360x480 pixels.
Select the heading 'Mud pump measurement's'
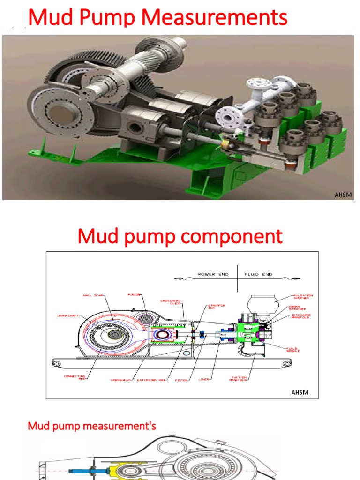pos(92,426)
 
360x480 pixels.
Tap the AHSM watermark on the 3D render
pos(343,195)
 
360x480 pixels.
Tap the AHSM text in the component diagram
pos(300,392)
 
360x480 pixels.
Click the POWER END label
pos(213,274)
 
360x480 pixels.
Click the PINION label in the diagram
pos(135,295)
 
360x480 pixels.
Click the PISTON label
pos(182,380)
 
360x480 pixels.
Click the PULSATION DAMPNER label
pos(303,297)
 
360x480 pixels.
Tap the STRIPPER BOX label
pos(217,307)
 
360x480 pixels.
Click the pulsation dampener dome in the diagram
pos(258,304)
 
